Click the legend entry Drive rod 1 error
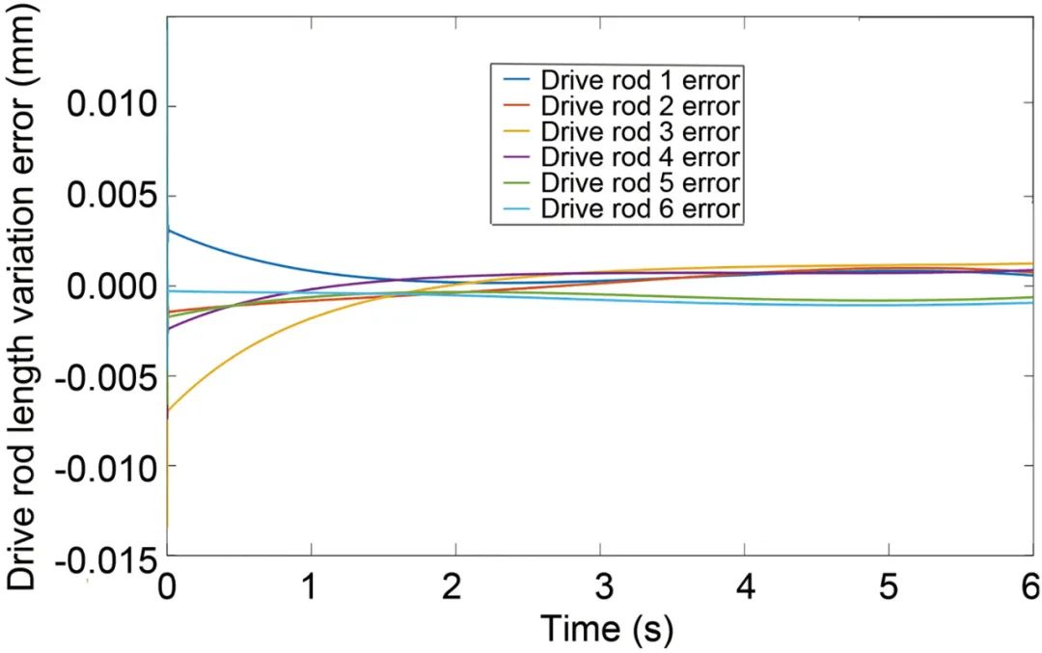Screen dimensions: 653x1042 pyautogui.click(x=641, y=79)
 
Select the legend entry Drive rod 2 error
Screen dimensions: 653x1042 pyautogui.click(x=641, y=105)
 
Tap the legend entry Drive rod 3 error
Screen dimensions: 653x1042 pyautogui.click(x=641, y=131)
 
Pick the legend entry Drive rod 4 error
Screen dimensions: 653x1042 pyautogui.click(x=641, y=157)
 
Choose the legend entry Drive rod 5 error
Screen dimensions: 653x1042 pyautogui.click(x=641, y=182)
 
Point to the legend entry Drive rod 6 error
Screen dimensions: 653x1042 pyautogui.click(x=641, y=208)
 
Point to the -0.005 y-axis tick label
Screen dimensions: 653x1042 pyautogui.click(x=104, y=377)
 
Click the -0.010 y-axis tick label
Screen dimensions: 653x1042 pyautogui.click(x=104, y=468)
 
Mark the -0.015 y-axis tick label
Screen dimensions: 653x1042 pyautogui.click(x=104, y=558)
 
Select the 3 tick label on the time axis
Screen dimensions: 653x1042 pyautogui.click(x=600, y=585)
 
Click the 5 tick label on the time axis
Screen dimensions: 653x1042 pyautogui.click(x=889, y=585)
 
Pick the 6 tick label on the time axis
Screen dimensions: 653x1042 pyautogui.click(x=1029, y=585)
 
